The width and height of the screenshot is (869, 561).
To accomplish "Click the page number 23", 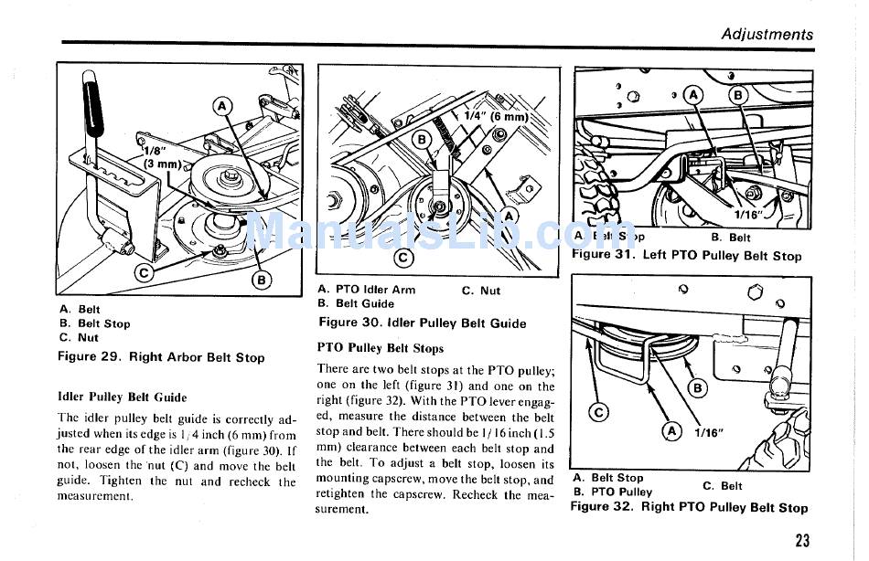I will pyautogui.click(x=802, y=541).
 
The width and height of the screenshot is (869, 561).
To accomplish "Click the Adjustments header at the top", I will pyautogui.click(x=767, y=35).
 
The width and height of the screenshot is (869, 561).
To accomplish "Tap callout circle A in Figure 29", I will pyautogui.click(x=222, y=107).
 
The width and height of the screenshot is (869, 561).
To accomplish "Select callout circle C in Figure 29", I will pyautogui.click(x=145, y=271).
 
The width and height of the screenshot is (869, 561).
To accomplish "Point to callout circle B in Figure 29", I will pyautogui.click(x=262, y=280).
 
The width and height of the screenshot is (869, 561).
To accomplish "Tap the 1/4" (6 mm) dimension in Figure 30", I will pyautogui.click(x=496, y=116).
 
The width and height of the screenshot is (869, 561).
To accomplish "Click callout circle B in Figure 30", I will pyautogui.click(x=422, y=140).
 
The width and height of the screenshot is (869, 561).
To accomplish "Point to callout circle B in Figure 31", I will pyautogui.click(x=736, y=94).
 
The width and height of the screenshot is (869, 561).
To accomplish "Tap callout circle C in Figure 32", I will pyautogui.click(x=600, y=412).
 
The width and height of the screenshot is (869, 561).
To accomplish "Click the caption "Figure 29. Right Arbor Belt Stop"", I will pyautogui.click(x=161, y=357).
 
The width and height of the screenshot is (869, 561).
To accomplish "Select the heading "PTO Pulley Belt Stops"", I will pyautogui.click(x=381, y=348).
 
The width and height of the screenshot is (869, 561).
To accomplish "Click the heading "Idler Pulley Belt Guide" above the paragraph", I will pyautogui.click(x=122, y=397).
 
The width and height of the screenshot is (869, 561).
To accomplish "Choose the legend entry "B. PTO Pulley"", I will pyautogui.click(x=613, y=492).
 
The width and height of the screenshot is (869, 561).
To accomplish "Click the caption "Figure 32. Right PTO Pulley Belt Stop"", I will pyautogui.click(x=690, y=507).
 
